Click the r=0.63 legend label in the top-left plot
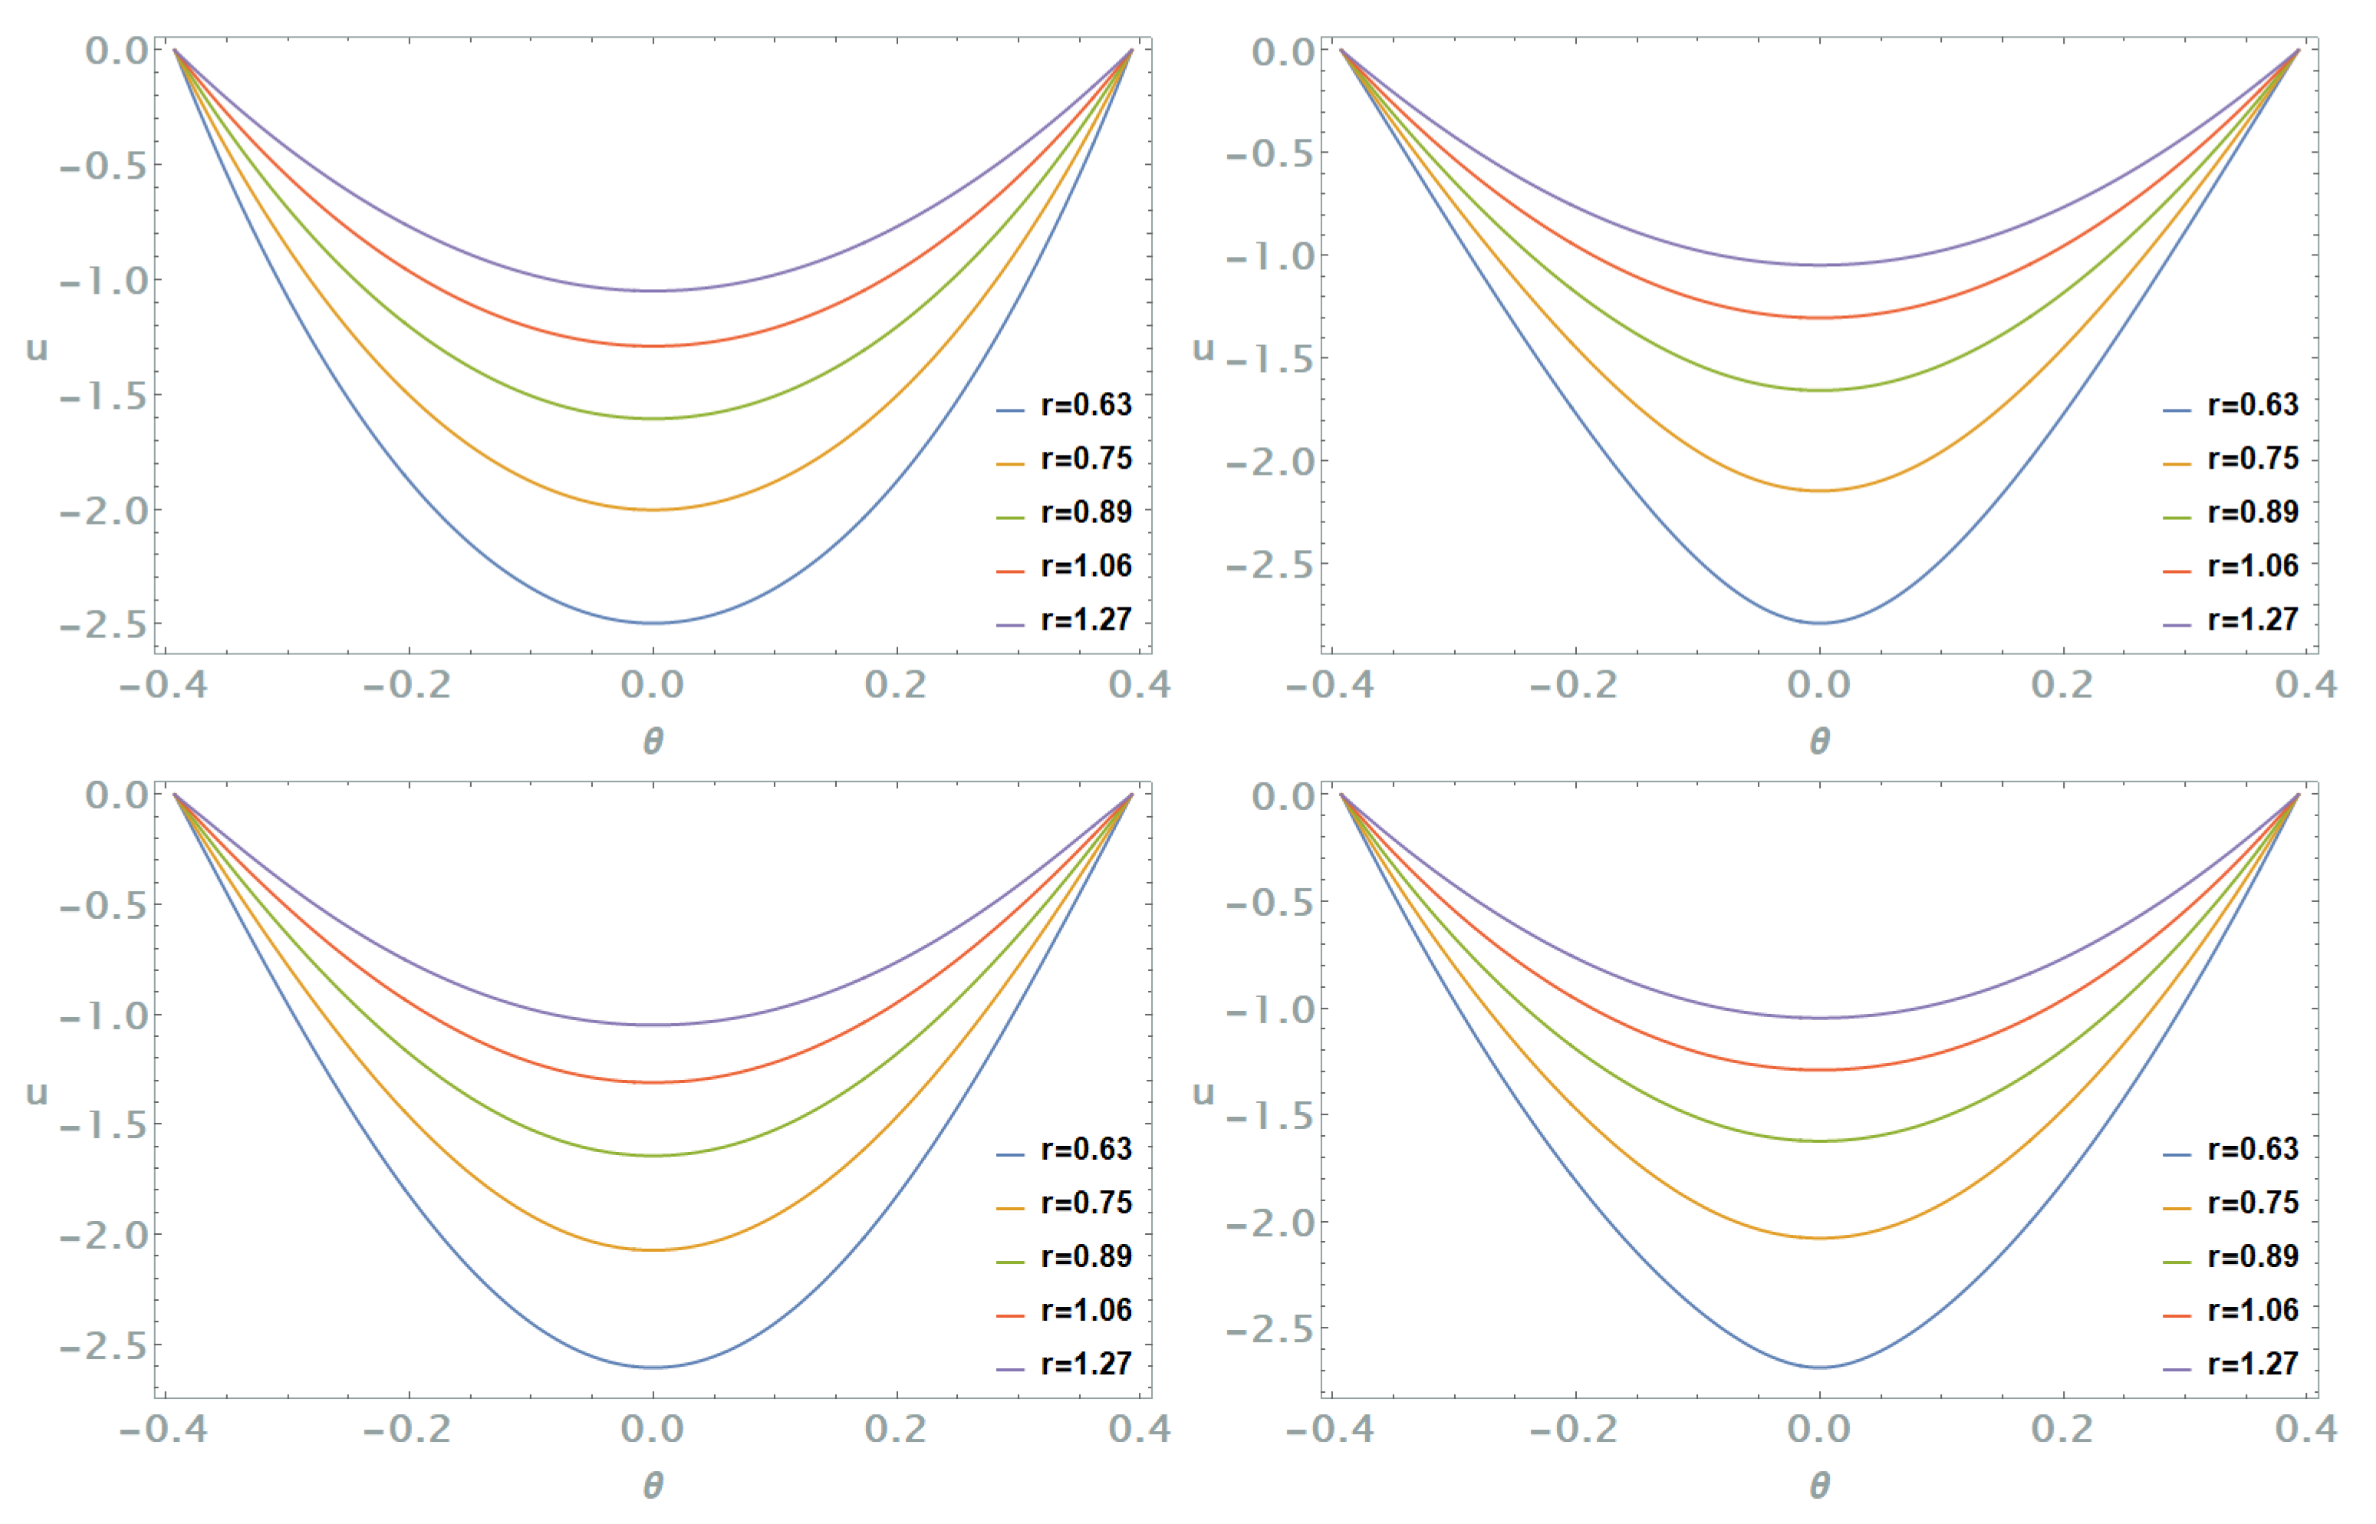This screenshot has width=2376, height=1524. tap(1085, 405)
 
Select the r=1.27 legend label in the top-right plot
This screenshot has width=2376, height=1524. tap(2253, 620)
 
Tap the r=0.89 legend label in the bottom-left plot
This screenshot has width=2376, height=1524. tap(1085, 1257)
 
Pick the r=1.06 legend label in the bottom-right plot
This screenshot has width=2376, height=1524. tap(2253, 1310)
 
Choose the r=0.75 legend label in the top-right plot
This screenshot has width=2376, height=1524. tap(2253, 458)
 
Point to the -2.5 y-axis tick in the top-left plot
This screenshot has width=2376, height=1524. tap(103, 625)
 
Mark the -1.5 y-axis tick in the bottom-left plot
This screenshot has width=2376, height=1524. tap(103, 1125)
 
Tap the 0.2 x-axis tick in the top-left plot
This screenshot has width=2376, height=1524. tap(896, 685)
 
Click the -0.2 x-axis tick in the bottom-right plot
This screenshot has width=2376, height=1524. tap(1574, 1429)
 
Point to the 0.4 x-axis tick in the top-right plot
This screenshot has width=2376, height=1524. tap(2305, 685)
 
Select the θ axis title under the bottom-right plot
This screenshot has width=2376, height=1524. tap(1819, 1486)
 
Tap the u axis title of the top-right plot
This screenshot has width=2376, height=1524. tap(1203, 348)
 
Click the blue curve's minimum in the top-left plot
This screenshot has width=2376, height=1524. tap(653, 623)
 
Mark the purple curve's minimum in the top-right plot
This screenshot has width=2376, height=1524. tap(1819, 264)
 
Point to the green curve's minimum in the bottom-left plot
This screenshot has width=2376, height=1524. tap(653, 1156)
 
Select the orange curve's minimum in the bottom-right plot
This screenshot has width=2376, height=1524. tap(1819, 1238)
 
